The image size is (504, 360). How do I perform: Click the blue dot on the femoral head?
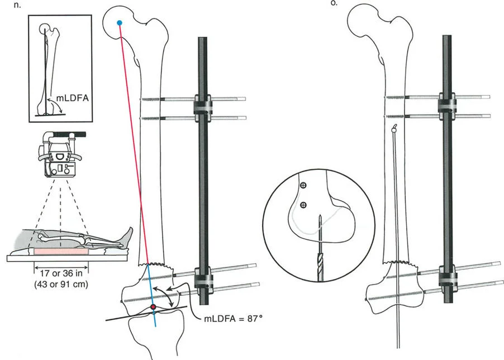tap(119, 22)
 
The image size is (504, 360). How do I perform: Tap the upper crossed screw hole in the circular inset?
tap(303, 185)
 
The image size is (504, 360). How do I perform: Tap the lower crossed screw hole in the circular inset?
tap(303, 205)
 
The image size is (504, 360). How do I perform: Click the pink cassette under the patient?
tap(61, 252)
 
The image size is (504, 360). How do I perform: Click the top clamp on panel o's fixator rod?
tap(448, 107)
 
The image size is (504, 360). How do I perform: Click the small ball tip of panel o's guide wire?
tap(394, 127)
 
